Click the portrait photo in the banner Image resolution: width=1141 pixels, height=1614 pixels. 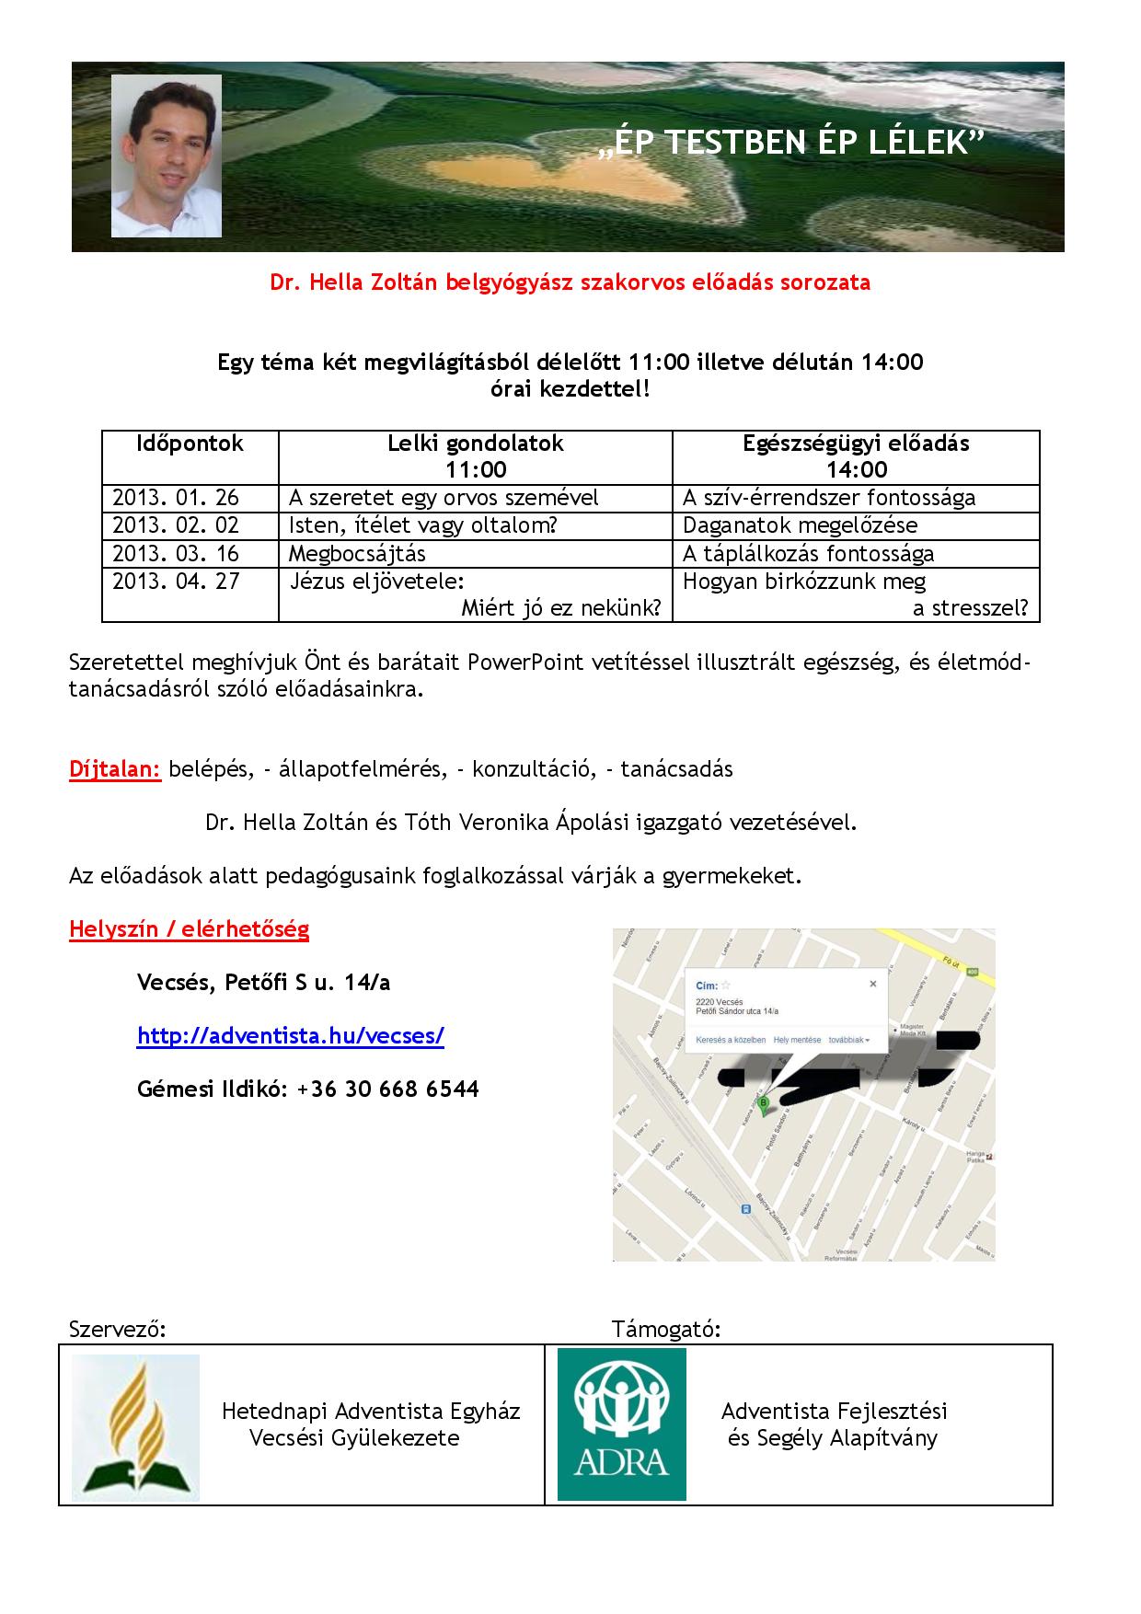coord(167,156)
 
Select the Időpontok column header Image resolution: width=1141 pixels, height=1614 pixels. coord(190,444)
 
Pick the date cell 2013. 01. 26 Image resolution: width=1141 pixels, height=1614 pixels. coord(176,498)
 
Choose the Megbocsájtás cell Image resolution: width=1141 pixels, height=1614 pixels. coord(357,553)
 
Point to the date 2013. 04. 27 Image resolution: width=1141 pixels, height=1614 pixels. coord(176,582)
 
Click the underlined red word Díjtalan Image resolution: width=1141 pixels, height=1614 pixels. coord(115,769)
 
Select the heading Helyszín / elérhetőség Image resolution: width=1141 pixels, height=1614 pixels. coord(189,929)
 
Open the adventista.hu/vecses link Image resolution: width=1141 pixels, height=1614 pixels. coord(290,1036)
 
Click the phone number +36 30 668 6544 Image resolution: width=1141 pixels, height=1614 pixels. coord(388,1089)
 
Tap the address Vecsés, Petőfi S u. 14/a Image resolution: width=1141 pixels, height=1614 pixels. coord(263,983)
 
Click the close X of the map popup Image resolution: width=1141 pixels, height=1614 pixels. coord(873,984)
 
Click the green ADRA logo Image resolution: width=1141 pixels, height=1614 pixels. coord(622,1424)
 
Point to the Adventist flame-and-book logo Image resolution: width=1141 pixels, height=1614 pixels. coord(135,1427)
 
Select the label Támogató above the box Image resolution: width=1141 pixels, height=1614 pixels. coord(665,1330)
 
